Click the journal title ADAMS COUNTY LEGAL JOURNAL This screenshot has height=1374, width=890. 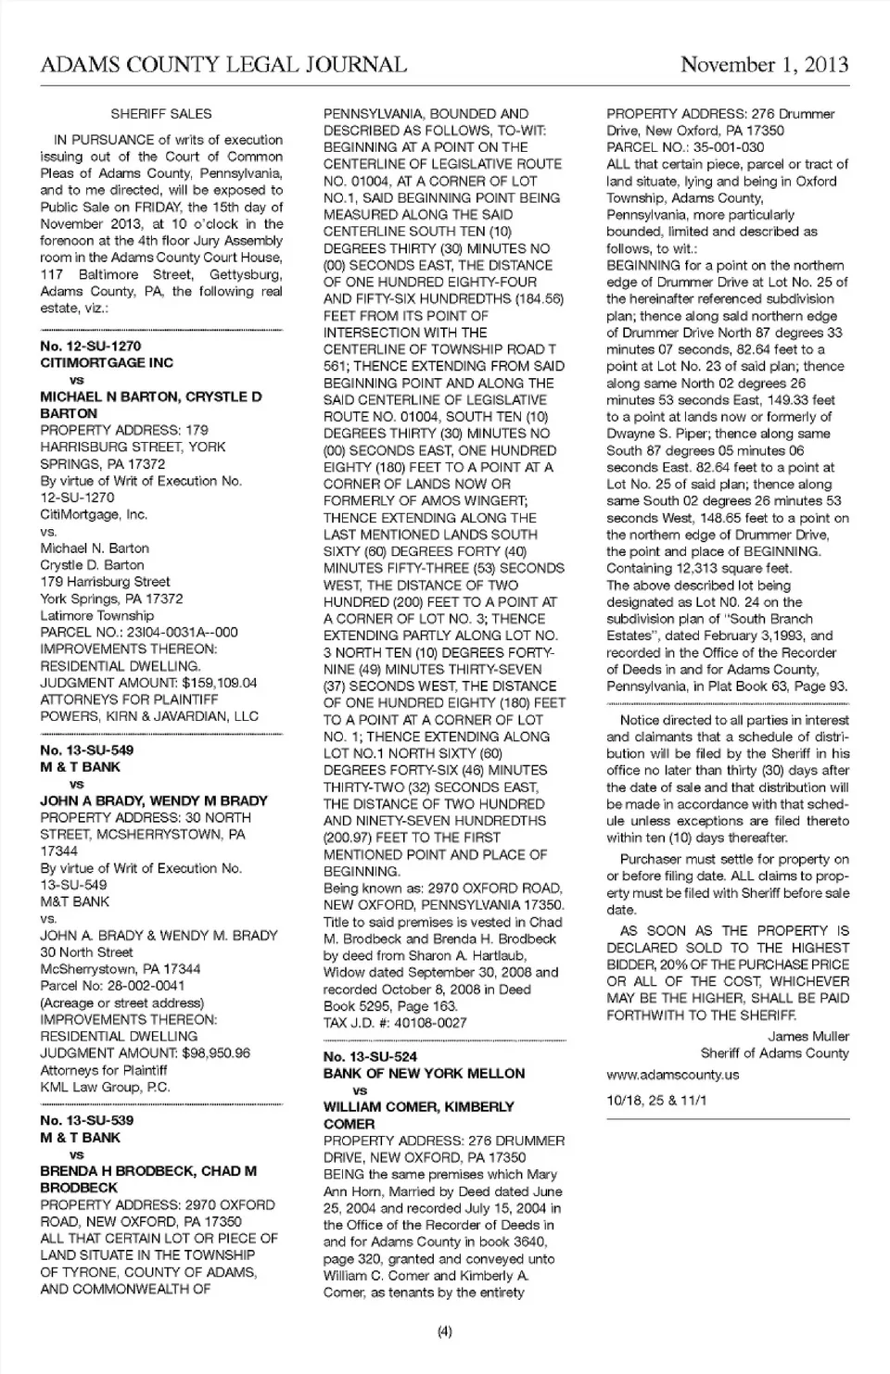coord(223,65)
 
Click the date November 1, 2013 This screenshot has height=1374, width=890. coord(764,65)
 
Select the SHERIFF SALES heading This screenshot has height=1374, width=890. coord(161,114)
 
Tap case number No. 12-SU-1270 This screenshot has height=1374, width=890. coord(91,346)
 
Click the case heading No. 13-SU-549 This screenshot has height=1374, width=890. coord(87,750)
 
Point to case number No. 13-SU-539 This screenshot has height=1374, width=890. coord(87,1120)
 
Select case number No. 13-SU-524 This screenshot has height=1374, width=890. coord(370,1056)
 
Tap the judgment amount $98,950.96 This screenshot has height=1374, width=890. coord(205,1053)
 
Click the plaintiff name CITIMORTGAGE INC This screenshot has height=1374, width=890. coord(107,362)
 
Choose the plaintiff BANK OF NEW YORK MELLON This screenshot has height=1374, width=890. coord(424,1073)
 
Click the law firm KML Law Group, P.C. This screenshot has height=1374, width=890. coord(105,1087)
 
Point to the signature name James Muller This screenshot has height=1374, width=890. coord(807,1036)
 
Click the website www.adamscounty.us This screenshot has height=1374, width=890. coord(672,1075)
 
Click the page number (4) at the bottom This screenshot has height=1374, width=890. coord(444,1332)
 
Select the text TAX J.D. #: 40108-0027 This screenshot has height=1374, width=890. coord(395,1023)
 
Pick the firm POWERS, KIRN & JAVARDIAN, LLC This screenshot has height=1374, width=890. coord(149,716)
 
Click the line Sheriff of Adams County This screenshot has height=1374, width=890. coord(774,1053)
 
